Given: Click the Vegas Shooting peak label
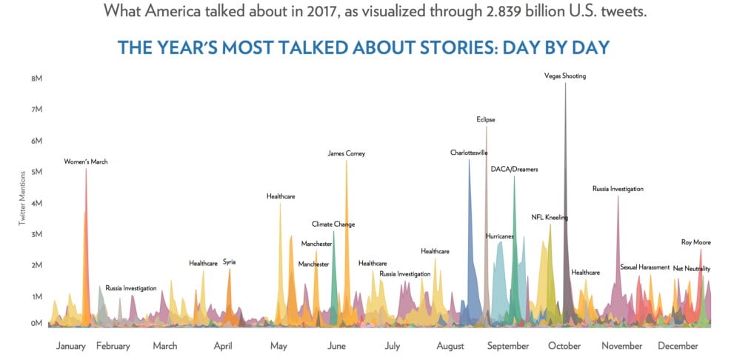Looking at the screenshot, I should tap(564, 76).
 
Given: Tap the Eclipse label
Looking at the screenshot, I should tap(486, 119).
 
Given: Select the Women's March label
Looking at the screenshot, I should tap(86, 161).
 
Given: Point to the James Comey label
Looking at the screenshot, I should tap(347, 153).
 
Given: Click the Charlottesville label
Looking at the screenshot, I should tap(469, 153).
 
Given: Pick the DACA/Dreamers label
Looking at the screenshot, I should tap(514, 169).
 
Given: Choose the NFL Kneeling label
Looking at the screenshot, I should tap(550, 217).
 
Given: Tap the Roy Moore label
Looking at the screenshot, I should tap(696, 242).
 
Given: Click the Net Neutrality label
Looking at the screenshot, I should tap(691, 268).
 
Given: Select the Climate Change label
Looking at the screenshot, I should tap(333, 224).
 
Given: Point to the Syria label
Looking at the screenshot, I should tap(229, 261).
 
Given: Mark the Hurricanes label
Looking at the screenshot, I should tap(504, 236).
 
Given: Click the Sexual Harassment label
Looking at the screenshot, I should tap(644, 267).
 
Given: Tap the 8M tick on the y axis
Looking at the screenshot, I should tap(36, 78).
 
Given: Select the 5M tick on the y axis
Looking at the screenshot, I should tap(36, 172).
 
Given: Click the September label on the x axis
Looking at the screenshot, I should tap(508, 346).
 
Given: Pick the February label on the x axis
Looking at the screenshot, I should tap(113, 346).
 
